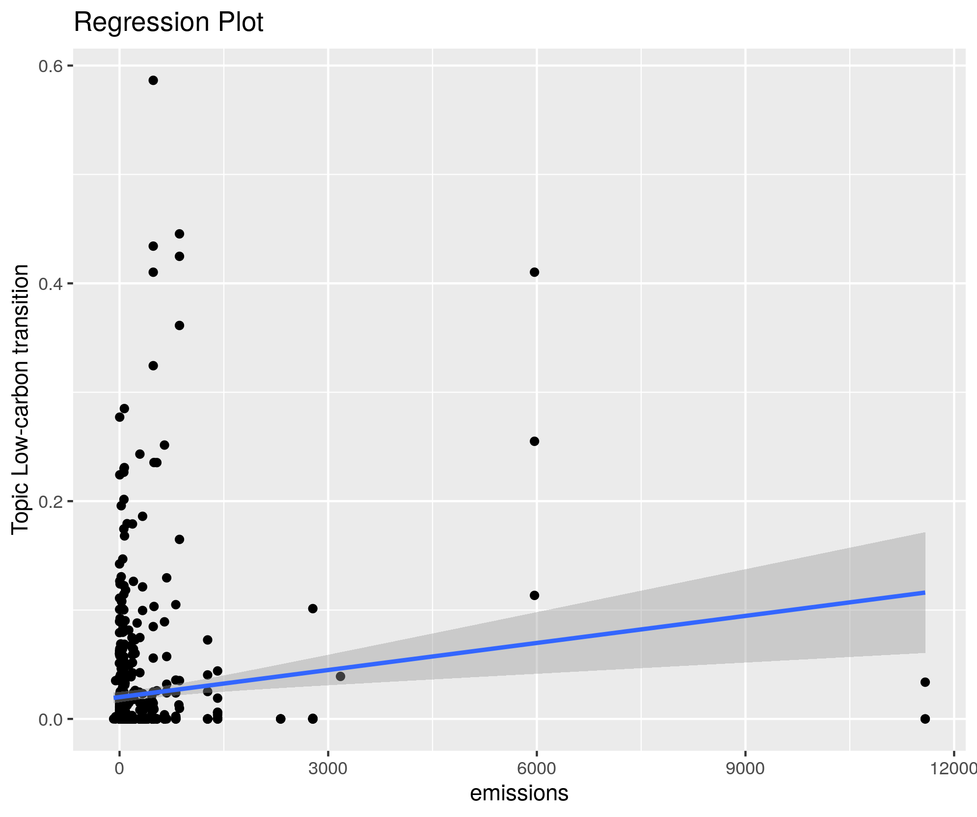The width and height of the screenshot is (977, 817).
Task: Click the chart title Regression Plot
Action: pos(168,23)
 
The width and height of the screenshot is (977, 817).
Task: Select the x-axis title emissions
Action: pos(519,793)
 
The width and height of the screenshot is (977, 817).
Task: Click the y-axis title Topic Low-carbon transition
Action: pos(21,399)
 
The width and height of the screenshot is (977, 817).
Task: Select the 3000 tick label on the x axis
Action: pos(328,768)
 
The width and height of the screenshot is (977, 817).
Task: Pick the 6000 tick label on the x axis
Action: pos(537,768)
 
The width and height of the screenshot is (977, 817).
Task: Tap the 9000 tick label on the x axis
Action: pos(745,768)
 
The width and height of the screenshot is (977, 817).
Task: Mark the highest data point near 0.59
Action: pos(153,80)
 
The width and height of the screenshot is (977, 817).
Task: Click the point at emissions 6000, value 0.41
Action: pos(535,272)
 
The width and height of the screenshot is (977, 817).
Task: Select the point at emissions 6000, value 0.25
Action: pos(535,441)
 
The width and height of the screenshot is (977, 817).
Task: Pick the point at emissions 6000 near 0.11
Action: pos(535,595)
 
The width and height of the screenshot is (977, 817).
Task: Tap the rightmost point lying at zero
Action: pos(925,719)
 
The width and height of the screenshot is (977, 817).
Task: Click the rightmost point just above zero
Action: pos(925,682)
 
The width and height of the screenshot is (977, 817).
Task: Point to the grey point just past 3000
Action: pos(340,676)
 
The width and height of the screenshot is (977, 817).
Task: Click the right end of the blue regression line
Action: pos(924,593)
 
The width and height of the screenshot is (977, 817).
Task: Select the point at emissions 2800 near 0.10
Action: pos(313,608)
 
